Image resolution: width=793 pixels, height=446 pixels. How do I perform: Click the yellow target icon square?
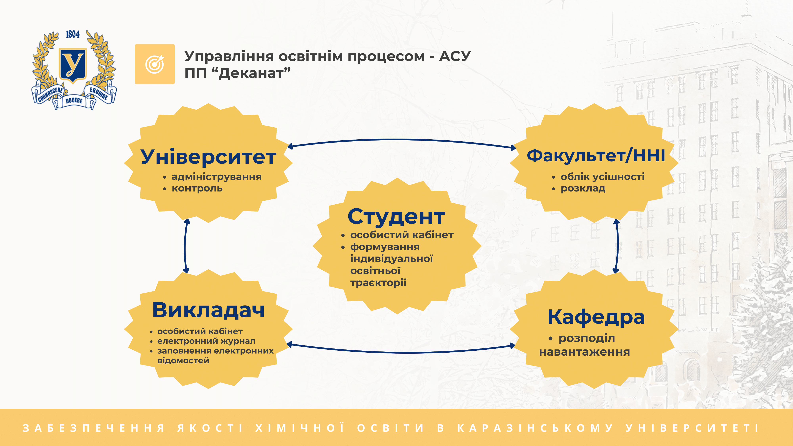point(155,64)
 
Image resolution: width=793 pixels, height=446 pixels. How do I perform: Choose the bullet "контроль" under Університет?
point(197,188)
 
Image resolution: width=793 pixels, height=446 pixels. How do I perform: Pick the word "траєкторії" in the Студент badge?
point(378,282)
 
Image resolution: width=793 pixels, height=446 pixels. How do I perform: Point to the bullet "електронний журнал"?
point(206,341)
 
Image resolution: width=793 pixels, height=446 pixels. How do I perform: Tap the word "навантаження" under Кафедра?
point(584,352)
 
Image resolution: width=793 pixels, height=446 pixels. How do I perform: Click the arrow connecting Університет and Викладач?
point(185,246)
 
